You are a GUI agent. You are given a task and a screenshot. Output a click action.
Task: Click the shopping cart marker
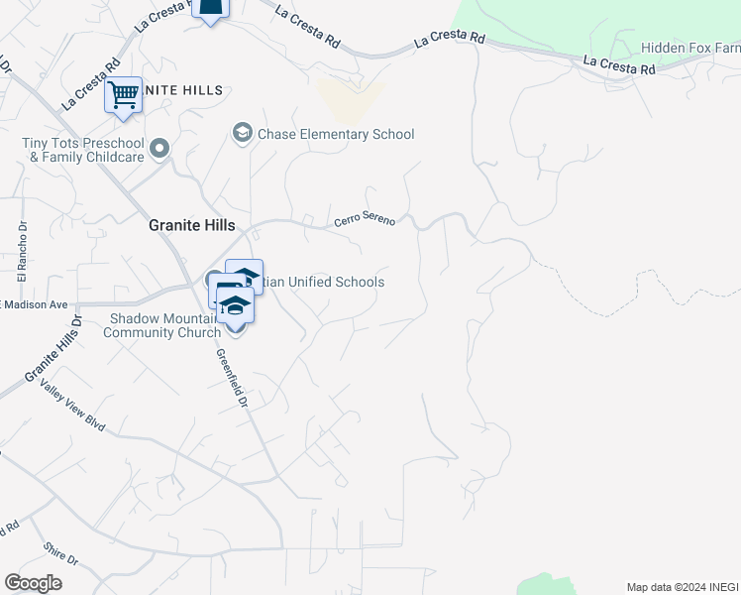click(x=123, y=96)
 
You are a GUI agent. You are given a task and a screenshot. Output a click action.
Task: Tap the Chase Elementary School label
click(x=336, y=134)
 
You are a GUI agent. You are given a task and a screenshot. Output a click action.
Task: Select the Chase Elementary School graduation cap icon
click(x=242, y=133)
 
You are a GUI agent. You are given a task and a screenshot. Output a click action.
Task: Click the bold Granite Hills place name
click(x=190, y=225)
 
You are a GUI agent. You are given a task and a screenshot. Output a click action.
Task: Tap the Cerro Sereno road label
click(x=365, y=220)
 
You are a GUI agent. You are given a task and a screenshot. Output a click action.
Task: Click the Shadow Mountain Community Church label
click(x=164, y=325)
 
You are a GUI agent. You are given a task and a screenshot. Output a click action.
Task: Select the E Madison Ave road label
click(x=34, y=304)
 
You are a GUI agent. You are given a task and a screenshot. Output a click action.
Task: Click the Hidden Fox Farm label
click(x=690, y=48)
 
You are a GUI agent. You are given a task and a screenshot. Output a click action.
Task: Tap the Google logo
click(x=33, y=583)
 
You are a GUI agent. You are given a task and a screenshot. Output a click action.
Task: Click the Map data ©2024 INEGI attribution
click(x=681, y=586)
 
